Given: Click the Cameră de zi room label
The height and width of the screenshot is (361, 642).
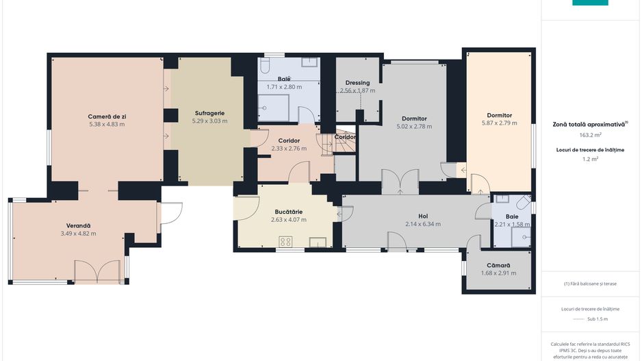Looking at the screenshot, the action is click(x=107, y=116).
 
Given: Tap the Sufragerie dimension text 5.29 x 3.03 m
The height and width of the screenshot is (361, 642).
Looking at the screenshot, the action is click(x=209, y=121).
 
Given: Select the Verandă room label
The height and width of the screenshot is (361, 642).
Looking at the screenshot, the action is click(x=78, y=226).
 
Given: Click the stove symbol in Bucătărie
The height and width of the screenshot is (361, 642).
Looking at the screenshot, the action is click(x=285, y=242).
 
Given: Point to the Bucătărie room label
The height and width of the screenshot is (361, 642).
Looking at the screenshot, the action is click(x=289, y=212).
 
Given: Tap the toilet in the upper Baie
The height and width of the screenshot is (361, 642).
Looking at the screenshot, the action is click(x=265, y=65).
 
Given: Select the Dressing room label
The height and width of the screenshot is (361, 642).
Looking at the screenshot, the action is click(x=357, y=83).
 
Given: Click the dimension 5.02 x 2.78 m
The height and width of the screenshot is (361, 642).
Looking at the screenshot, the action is click(x=414, y=127).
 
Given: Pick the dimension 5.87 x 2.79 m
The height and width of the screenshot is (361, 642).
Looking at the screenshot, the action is click(x=499, y=123).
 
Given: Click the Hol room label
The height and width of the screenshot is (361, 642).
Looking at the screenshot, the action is click(x=423, y=216).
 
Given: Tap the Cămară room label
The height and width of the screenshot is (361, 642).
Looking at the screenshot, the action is click(x=498, y=266).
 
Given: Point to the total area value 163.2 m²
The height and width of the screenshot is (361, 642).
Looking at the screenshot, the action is click(x=590, y=135).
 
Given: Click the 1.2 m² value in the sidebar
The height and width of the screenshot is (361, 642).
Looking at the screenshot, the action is click(x=590, y=159).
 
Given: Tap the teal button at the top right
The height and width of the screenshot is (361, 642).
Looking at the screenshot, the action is click(x=590, y=3).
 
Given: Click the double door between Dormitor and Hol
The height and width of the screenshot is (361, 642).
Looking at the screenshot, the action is click(x=400, y=182).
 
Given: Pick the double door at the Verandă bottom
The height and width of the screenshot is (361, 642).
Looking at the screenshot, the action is click(x=97, y=272).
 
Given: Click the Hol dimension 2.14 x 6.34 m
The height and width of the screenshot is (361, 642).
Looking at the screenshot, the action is click(x=423, y=224).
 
